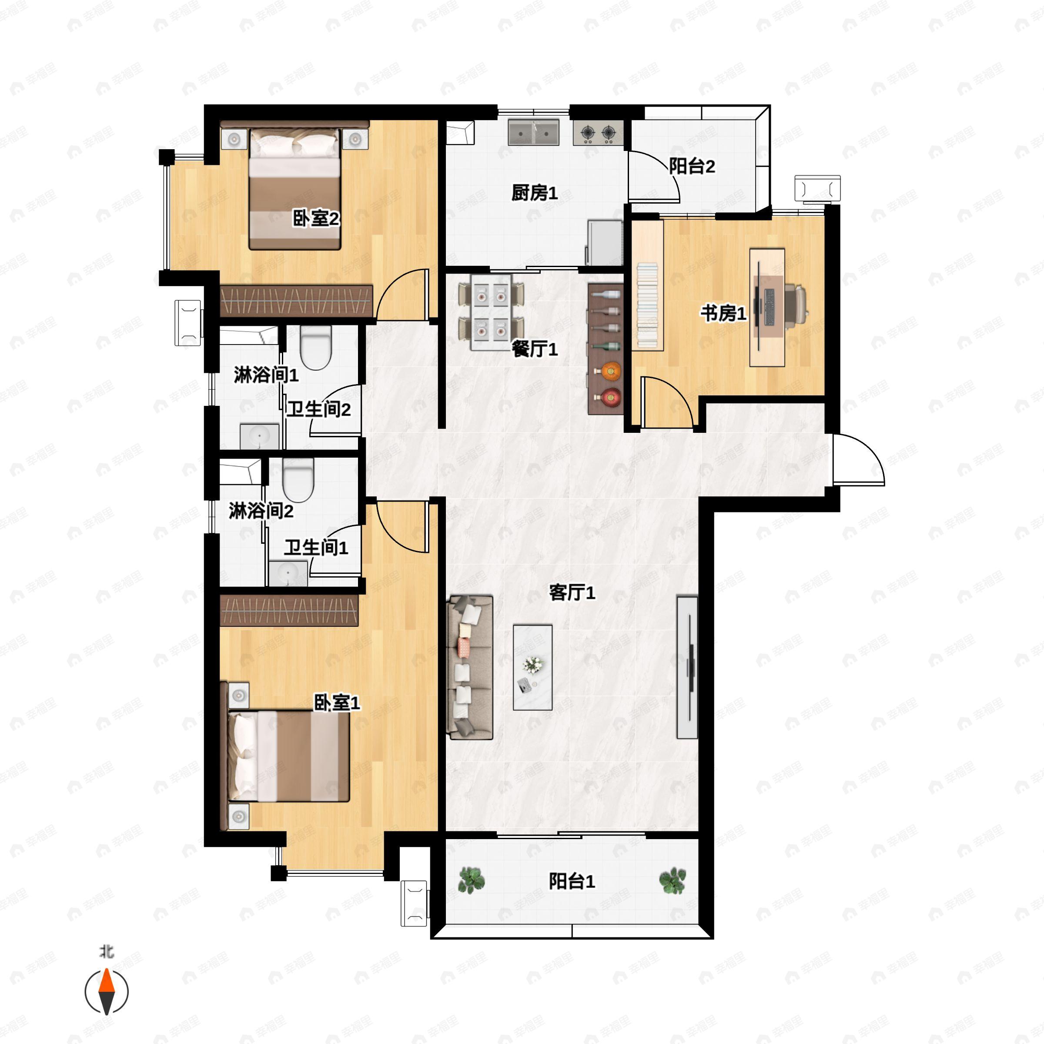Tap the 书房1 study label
pyautogui.click(x=723, y=313)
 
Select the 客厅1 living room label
pyautogui.click(x=572, y=593)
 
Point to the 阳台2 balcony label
pyautogui.click(x=692, y=166)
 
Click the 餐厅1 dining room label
pyautogui.click(x=535, y=349)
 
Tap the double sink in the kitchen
pyautogui.click(x=533, y=132)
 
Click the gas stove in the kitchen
pyautogui.click(x=598, y=132)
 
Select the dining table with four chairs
pyautogui.click(x=491, y=312)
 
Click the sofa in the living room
pyautogui.click(x=470, y=667)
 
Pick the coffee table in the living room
pyautogui.click(x=532, y=667)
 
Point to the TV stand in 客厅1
pyautogui.click(x=687, y=667)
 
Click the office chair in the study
pyautogui.click(x=796, y=306)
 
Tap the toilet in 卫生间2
pyautogui.click(x=315, y=346)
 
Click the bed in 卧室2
pyautogui.click(x=294, y=189)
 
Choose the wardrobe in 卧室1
pyautogui.click(x=289, y=611)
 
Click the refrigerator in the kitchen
pyautogui.click(x=605, y=243)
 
